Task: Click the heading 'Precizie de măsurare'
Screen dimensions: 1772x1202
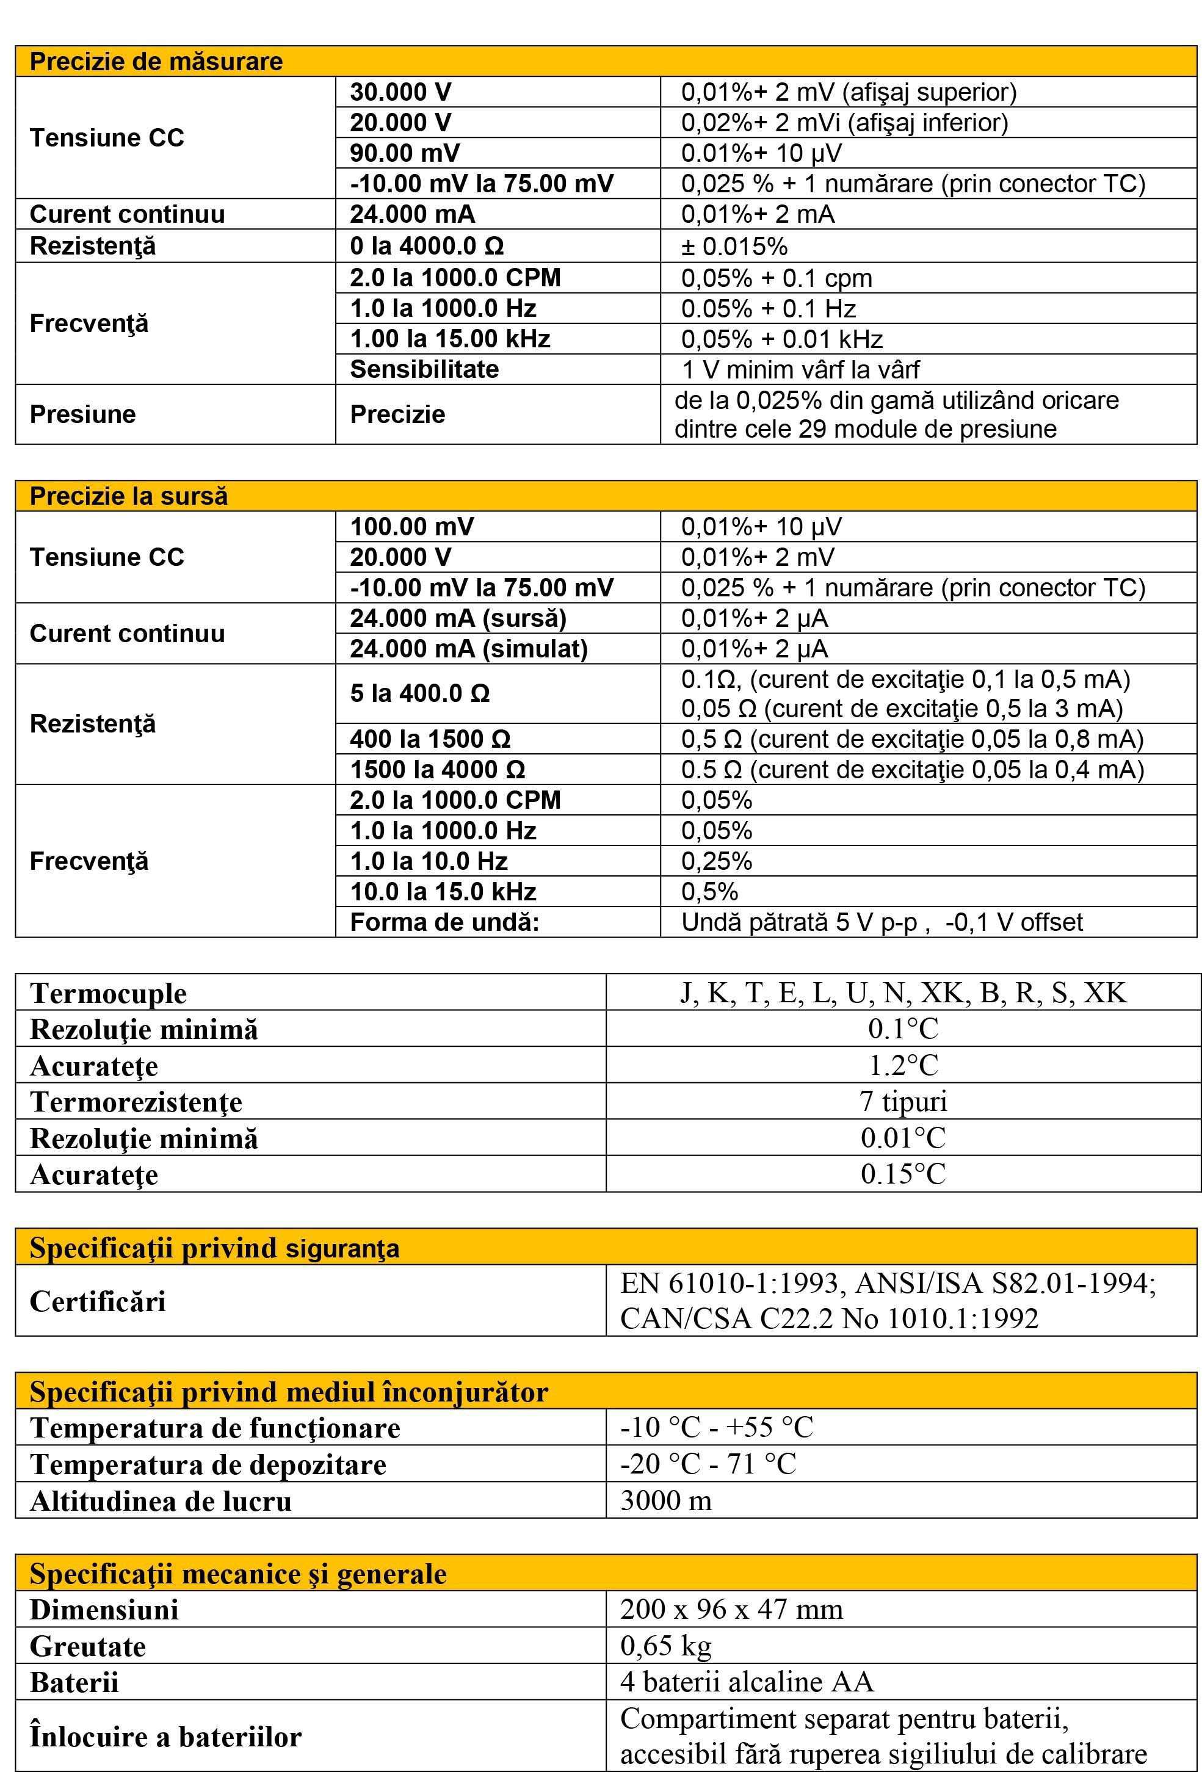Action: click(156, 61)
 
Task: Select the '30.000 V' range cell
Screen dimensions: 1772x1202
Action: click(400, 92)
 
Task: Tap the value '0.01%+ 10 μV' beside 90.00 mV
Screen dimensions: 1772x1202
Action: click(761, 153)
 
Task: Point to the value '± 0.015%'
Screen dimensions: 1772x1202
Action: click(734, 246)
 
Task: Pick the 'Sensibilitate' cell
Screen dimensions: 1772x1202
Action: click(424, 369)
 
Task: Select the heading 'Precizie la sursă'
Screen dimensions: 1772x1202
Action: click(128, 496)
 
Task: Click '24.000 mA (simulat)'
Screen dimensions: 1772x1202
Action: click(468, 649)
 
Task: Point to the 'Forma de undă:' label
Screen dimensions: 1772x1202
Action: click(444, 922)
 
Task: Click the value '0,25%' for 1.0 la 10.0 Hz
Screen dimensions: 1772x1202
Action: click(716, 862)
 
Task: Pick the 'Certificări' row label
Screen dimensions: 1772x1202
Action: click(98, 1301)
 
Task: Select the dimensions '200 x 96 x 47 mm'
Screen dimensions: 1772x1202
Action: click(731, 1610)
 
